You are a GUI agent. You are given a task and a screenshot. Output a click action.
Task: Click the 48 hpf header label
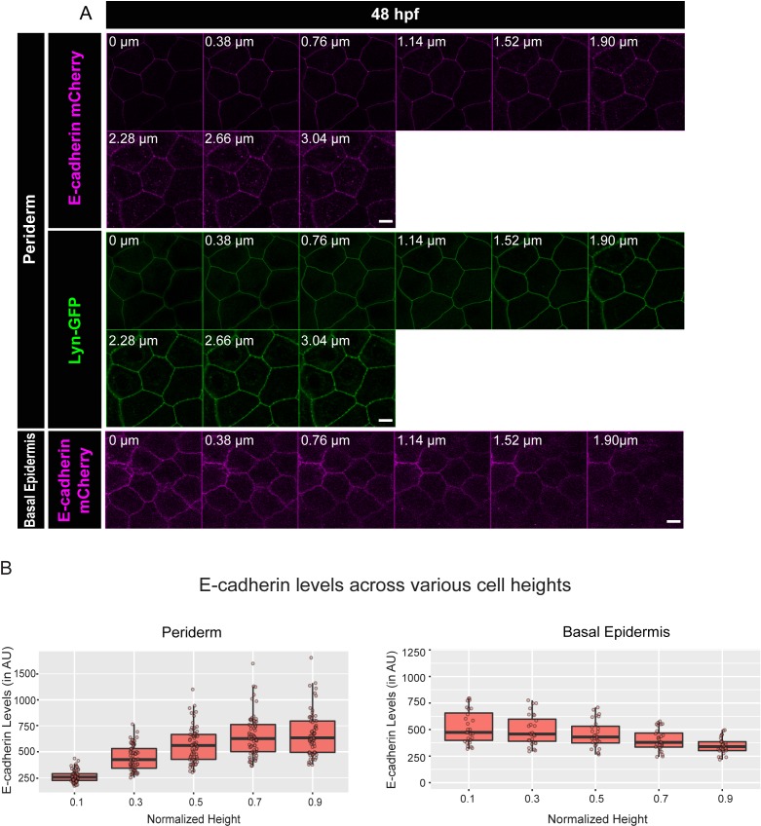pyautogui.click(x=394, y=15)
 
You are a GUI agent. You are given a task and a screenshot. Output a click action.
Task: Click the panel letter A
pyautogui.click(x=85, y=14)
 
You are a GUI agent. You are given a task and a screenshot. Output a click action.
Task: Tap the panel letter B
pyautogui.click(x=8, y=563)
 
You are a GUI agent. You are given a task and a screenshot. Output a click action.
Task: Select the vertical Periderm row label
pyautogui.click(x=31, y=229)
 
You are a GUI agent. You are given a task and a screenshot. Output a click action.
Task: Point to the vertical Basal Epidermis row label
pyautogui.click(x=31, y=479)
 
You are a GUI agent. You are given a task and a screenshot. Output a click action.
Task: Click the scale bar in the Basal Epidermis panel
pyautogui.click(x=672, y=521)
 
